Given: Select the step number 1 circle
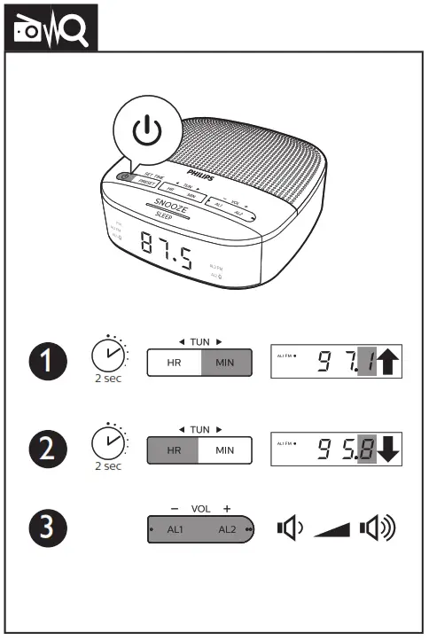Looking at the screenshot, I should (46, 362).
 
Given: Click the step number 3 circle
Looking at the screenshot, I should (46, 530).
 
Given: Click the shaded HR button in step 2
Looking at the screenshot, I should (174, 449).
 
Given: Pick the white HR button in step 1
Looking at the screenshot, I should (174, 363).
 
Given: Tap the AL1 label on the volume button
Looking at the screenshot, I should (175, 530).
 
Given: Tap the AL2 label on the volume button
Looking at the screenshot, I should (227, 530).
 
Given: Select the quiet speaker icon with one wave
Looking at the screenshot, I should (289, 530).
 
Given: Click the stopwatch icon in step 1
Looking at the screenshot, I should (108, 356).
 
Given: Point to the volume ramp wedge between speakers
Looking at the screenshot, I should (335, 531).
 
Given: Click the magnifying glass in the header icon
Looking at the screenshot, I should (74, 32).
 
